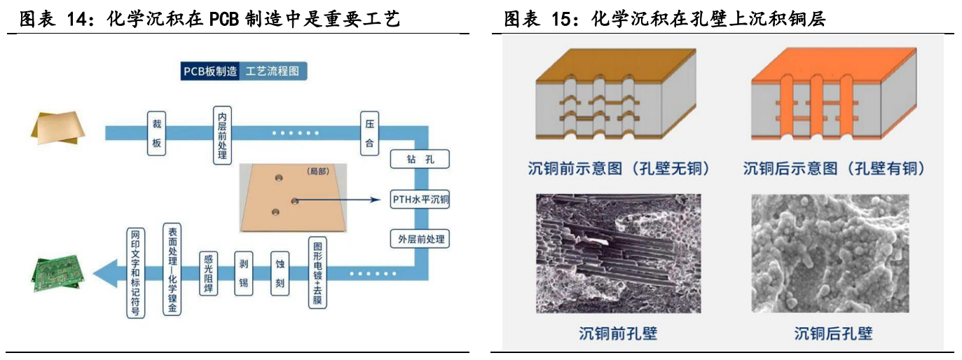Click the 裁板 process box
click(x=156, y=134)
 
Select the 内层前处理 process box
click(x=222, y=136)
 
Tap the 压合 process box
click(x=369, y=134)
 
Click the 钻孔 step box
click(x=420, y=159)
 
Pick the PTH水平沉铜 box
click(x=420, y=199)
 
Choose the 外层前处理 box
click(x=420, y=239)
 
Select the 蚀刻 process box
click(x=280, y=273)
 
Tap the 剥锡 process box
click(x=244, y=273)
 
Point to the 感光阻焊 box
click(x=208, y=273)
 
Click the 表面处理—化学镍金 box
click(x=172, y=270)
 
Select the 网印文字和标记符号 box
click(x=135, y=273)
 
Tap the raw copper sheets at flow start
click(x=57, y=128)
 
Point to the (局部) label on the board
click(x=318, y=171)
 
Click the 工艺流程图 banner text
click(x=273, y=71)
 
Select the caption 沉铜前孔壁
click(x=618, y=333)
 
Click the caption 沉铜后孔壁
click(x=833, y=333)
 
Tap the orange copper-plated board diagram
click(x=834, y=94)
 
